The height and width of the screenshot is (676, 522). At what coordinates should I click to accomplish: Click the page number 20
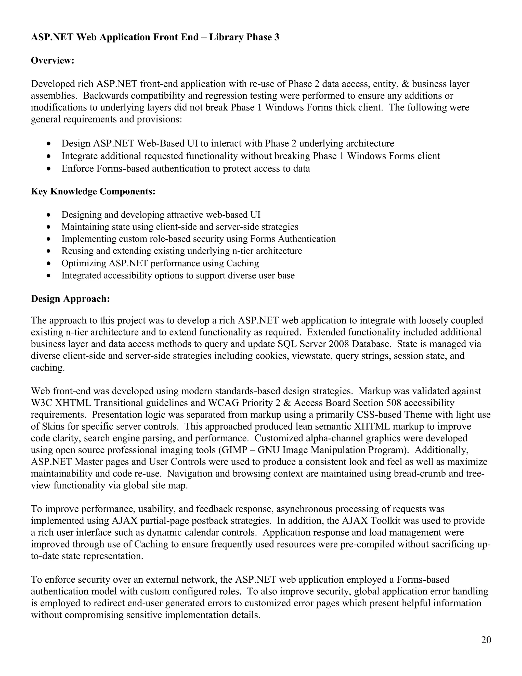[x=486, y=640]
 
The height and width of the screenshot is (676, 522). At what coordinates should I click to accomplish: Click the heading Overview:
[x=53, y=60]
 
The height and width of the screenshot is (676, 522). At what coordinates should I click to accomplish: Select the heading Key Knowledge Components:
[x=93, y=191]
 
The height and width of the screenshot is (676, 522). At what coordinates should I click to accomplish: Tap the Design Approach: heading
[x=71, y=299]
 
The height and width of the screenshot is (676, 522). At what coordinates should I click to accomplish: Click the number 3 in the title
[x=277, y=37]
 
